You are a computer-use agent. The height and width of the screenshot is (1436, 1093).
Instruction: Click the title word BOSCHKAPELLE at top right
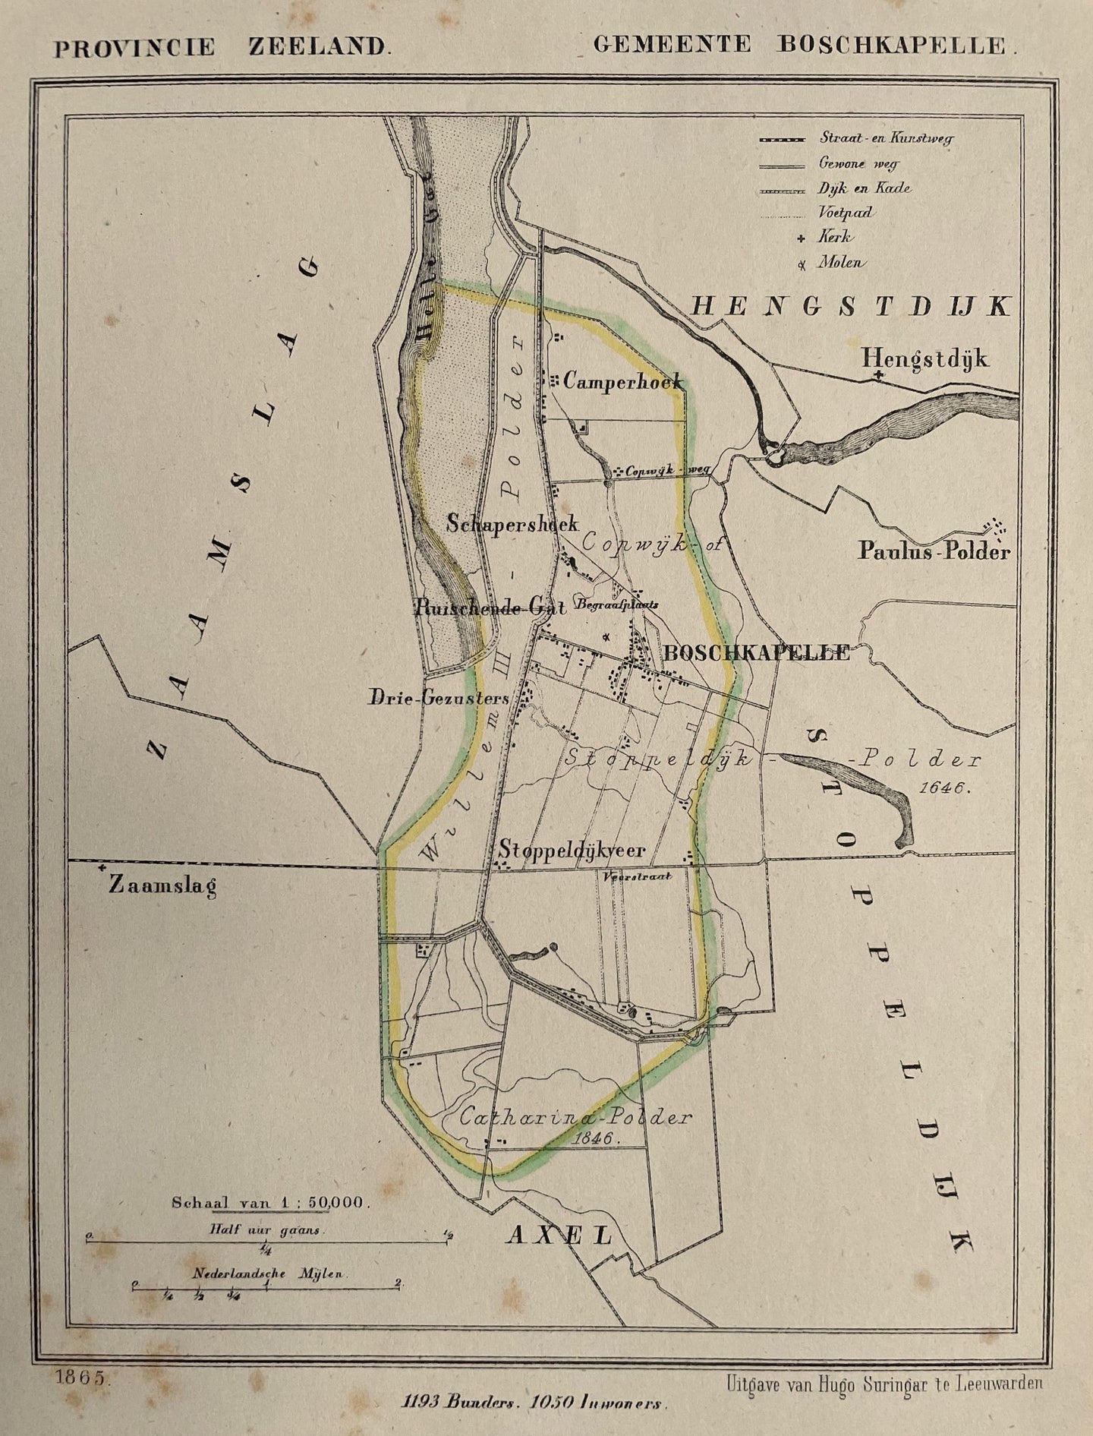890,45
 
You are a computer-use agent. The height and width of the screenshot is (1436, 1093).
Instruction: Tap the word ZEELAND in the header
318,47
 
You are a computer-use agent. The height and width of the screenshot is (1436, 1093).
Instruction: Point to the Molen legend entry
839,263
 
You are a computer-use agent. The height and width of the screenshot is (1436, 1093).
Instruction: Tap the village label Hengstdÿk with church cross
924,358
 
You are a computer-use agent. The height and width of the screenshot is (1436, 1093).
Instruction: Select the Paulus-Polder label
934,551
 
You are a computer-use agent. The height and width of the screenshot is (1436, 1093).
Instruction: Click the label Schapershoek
512,523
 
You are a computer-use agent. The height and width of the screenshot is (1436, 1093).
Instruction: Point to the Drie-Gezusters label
439,696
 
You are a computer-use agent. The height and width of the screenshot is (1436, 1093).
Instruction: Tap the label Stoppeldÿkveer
572,851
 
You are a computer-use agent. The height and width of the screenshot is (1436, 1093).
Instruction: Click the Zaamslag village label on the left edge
162,885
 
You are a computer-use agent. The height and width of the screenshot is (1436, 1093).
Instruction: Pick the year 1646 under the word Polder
943,787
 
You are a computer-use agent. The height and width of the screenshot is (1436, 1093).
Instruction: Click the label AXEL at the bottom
559,1236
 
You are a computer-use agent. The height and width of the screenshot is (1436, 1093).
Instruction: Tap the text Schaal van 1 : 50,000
269,1202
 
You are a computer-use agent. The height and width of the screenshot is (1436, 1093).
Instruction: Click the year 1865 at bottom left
83,1377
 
